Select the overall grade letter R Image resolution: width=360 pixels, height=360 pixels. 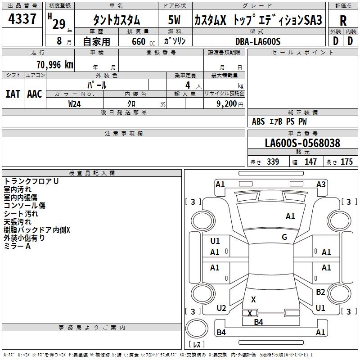[343, 21]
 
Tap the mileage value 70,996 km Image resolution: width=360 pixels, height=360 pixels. [54, 65]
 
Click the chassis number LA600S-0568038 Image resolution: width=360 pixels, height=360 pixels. [302, 144]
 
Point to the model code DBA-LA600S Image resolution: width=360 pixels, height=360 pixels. [257, 41]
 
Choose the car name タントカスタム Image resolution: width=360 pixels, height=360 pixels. [116, 20]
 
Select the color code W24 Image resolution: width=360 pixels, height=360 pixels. [75, 103]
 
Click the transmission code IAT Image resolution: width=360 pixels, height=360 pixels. [13, 94]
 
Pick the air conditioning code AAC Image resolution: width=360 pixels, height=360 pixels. [34, 94]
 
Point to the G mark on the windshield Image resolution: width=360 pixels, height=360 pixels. [284, 237]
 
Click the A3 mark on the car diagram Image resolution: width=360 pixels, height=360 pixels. [321, 184]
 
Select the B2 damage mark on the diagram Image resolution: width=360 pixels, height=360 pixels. [320, 292]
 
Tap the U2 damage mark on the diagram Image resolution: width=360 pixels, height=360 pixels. [221, 308]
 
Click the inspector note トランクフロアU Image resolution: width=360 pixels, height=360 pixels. [31, 181]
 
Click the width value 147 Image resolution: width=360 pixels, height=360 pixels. [310, 162]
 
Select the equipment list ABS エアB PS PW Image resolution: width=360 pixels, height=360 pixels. [279, 121]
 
